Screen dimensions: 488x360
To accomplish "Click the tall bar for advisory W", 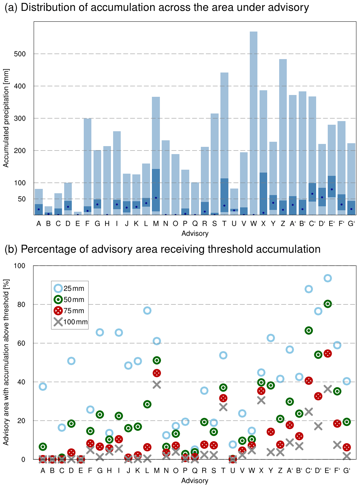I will point(253,123).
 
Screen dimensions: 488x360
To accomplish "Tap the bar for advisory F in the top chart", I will point(87,167).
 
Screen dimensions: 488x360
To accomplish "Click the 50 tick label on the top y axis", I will point(22,199).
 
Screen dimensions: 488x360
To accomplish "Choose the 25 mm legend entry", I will point(69,289).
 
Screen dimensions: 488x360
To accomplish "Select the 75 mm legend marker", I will point(58,311).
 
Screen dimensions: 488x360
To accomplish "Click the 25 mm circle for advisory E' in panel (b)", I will point(327,278).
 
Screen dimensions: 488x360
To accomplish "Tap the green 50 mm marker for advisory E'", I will point(327,304).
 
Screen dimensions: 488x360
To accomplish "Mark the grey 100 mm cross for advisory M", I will point(157,385).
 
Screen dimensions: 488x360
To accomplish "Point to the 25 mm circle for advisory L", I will point(147,311).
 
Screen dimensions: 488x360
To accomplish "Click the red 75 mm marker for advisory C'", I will point(309,381).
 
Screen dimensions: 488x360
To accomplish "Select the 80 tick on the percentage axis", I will point(21,305).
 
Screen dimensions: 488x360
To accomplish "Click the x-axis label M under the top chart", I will point(156,224).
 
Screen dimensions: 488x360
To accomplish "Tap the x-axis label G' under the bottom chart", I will point(347,471).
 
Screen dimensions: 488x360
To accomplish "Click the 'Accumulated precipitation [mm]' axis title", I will point(6,118).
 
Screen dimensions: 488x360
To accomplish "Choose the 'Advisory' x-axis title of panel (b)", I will point(195,481).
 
